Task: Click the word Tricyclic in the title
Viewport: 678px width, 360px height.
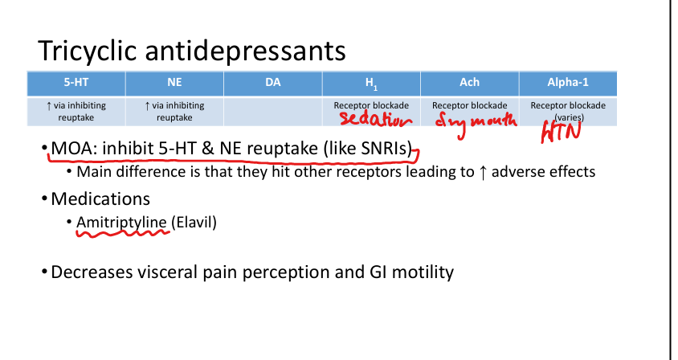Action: pyautogui.click(x=88, y=51)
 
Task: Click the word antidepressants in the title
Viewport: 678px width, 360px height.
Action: pyautogui.click(x=245, y=51)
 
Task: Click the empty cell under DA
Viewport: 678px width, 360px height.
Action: pyautogui.click(x=273, y=112)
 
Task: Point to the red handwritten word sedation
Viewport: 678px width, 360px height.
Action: pyautogui.click(x=375, y=120)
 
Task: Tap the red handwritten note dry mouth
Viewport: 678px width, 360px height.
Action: pyautogui.click(x=476, y=122)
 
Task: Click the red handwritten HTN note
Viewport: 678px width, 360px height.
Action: pyautogui.click(x=561, y=131)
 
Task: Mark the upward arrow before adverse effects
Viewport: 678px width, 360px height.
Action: pyautogui.click(x=483, y=172)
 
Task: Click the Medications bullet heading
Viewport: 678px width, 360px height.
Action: pyautogui.click(x=100, y=199)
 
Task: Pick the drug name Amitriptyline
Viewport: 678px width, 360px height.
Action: pyautogui.click(x=121, y=223)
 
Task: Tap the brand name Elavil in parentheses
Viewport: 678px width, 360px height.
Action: pyautogui.click(x=194, y=223)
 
